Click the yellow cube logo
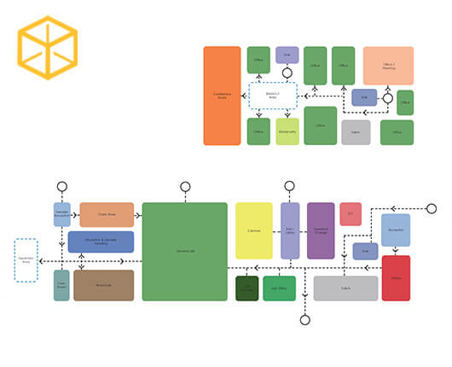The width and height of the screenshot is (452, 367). click(x=48, y=48)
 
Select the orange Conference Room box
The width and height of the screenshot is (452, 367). click(x=222, y=96)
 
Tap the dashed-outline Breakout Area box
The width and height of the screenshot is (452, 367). click(x=273, y=96)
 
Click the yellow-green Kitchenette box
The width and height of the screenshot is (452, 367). click(x=287, y=131)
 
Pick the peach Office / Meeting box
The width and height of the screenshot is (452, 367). click(x=388, y=66)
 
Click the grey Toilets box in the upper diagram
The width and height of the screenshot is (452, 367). click(x=356, y=131)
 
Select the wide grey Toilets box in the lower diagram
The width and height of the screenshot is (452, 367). click(x=345, y=288)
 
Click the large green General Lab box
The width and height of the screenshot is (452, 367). click(x=184, y=251)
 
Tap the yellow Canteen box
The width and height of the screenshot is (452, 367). click(x=253, y=230)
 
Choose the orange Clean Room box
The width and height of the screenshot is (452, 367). click(x=107, y=214)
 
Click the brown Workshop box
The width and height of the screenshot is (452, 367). click(x=103, y=285)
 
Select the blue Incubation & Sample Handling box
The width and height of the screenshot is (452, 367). click(x=101, y=242)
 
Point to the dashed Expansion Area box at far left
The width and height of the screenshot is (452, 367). click(x=26, y=260)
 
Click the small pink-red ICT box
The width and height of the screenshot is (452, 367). click(x=351, y=213)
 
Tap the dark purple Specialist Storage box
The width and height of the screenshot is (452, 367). click(x=321, y=230)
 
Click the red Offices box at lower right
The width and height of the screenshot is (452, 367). click(x=396, y=277)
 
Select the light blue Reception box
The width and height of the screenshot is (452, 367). click(x=396, y=230)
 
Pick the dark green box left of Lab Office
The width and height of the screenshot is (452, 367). click(x=246, y=288)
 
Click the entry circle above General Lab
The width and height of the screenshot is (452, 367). click(x=185, y=186)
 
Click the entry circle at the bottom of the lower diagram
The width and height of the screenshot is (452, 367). click(x=304, y=320)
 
